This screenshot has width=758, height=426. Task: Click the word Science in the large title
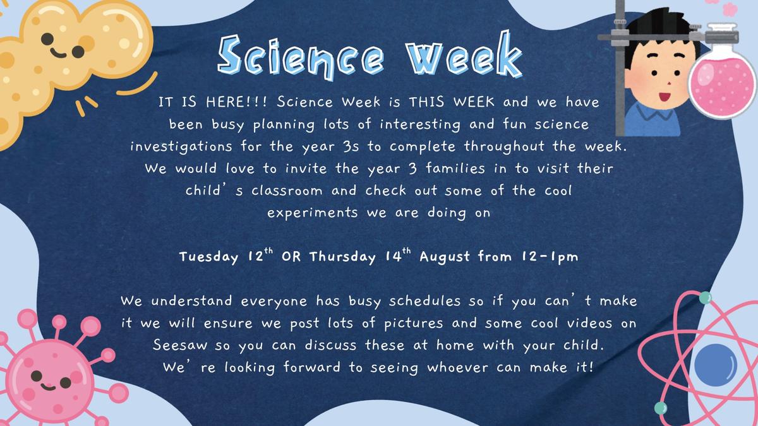[x=301, y=57]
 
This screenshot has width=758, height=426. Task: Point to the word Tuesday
[x=209, y=257]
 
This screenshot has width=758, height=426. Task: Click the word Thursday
[x=342, y=257]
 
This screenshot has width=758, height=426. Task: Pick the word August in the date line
[x=445, y=257]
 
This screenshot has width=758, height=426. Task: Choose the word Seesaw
[x=179, y=345]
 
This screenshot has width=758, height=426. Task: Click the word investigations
[x=181, y=146]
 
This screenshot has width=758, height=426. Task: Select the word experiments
[x=312, y=213]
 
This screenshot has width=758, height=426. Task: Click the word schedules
[x=424, y=301]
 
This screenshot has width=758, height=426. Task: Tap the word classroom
[x=287, y=191]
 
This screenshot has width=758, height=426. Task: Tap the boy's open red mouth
[x=665, y=97]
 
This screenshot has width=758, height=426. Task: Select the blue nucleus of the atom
[x=715, y=365]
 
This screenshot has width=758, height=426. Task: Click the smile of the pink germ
[x=48, y=386]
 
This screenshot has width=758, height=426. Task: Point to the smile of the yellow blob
[x=58, y=53]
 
